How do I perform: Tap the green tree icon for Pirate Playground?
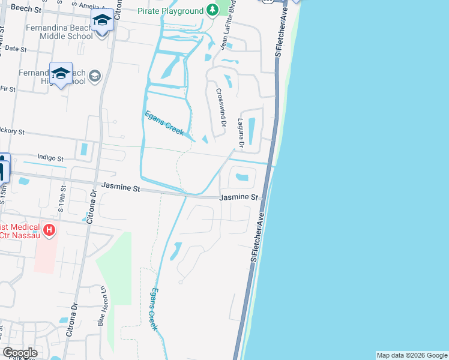[212, 10]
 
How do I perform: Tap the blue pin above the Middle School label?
[102, 22]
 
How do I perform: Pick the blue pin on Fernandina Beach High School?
[61, 74]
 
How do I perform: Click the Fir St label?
[8, 89]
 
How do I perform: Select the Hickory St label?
[12, 131]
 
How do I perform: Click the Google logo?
[20, 353]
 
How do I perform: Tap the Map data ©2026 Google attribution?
[412, 355]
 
